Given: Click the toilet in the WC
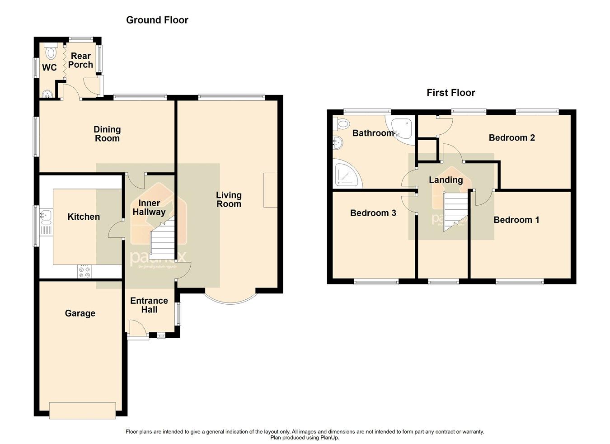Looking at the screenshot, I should click(51, 52).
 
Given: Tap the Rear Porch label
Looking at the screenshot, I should click(81, 60).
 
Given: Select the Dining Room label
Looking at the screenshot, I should click(107, 134).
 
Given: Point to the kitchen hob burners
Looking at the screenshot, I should click(84, 271).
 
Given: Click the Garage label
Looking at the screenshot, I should click(80, 313).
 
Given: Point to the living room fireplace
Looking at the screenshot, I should click(270, 190).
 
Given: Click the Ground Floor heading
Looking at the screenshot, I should click(157, 20).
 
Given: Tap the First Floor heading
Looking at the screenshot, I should click(450, 93).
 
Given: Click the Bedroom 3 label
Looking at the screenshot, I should click(373, 213).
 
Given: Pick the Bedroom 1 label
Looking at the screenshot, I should click(516, 220).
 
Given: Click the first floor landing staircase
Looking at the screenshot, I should click(455, 210).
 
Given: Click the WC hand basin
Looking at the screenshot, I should click(47, 94).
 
